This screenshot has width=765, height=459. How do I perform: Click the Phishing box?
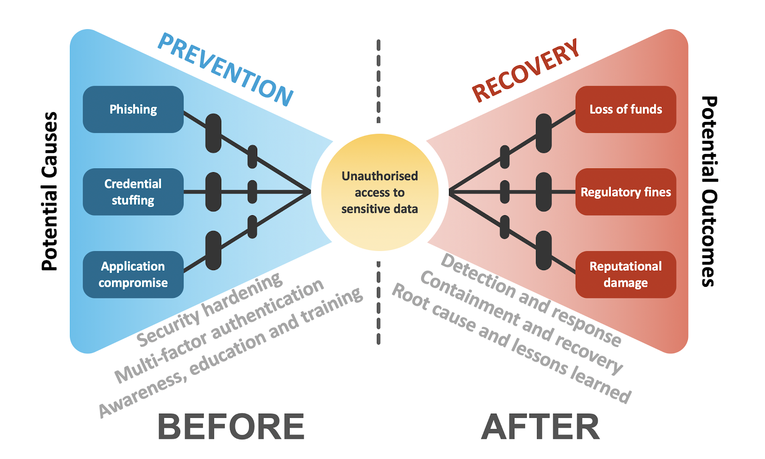[133, 109]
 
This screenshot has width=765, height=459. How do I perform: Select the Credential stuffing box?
[133, 192]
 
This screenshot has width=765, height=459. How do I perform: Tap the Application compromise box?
[133, 274]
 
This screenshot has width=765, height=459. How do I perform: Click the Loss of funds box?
[625, 109]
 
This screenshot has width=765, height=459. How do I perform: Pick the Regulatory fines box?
[625, 192]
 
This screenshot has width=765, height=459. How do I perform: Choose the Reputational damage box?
[625, 274]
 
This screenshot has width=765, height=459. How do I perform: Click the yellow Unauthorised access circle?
[380, 192]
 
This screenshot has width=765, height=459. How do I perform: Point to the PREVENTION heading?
[225, 69]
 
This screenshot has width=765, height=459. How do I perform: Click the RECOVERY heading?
[525, 70]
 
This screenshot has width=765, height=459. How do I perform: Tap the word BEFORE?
[231, 426]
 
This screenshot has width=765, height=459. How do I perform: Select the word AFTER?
[540, 426]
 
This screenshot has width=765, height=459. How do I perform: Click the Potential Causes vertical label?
[49, 191]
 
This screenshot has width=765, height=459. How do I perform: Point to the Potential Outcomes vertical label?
[709, 191]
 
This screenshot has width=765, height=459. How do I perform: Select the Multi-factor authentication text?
[219, 331]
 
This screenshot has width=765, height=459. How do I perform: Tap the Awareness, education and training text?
[230, 352]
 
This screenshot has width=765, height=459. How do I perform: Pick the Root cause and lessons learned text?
[512, 342]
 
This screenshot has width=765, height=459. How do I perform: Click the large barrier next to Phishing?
[213, 133]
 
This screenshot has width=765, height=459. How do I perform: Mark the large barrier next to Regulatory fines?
[544, 192]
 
